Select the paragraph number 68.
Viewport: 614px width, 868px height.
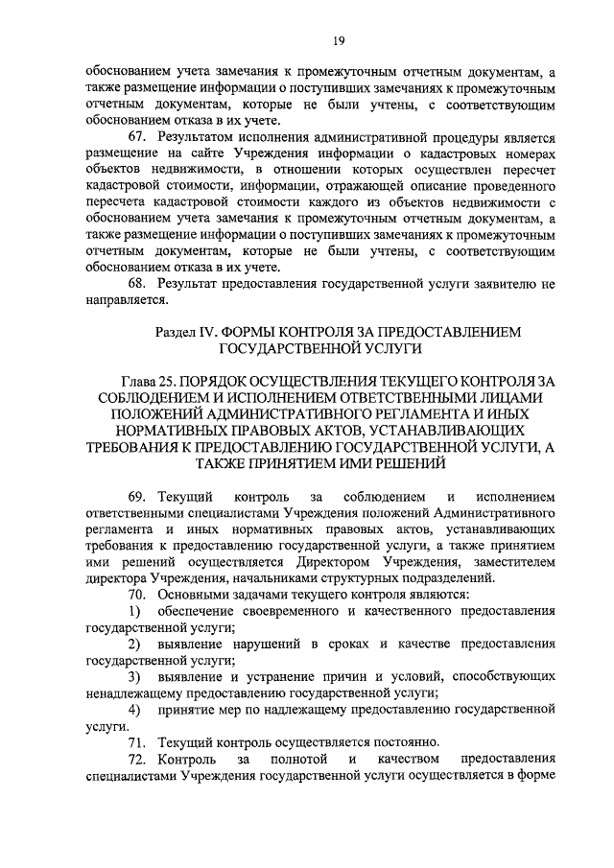click(138, 284)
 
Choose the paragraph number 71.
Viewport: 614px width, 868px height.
click(138, 741)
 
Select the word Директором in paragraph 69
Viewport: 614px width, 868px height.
click(389, 561)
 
